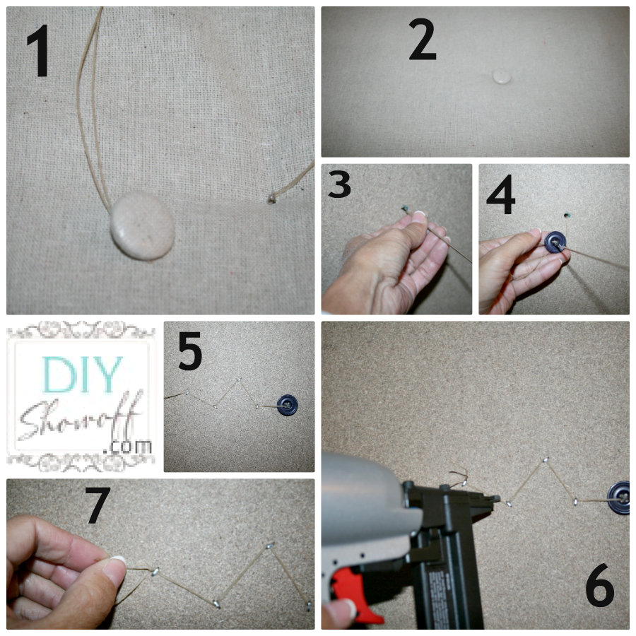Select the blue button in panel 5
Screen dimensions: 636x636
pyautogui.click(x=286, y=406)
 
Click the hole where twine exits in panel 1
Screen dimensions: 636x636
pyautogui.click(x=271, y=200)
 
